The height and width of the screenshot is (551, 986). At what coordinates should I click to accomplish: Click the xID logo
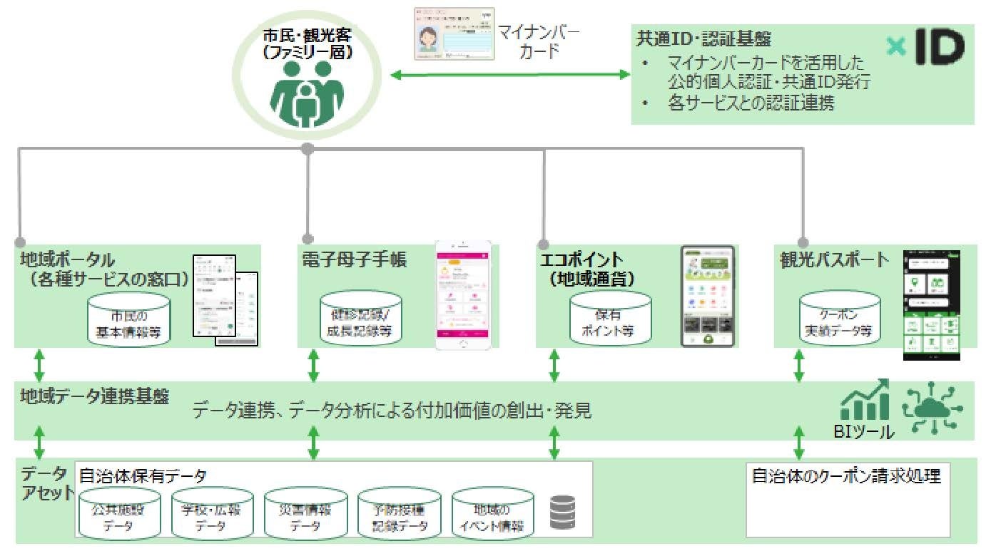point(925,47)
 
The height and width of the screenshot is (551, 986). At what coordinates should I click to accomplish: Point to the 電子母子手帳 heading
point(355,260)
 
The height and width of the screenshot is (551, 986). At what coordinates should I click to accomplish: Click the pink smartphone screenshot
point(464,294)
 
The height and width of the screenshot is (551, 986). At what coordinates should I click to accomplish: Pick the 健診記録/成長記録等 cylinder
point(360,320)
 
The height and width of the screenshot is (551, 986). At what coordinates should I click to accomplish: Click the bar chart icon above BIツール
point(864,401)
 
